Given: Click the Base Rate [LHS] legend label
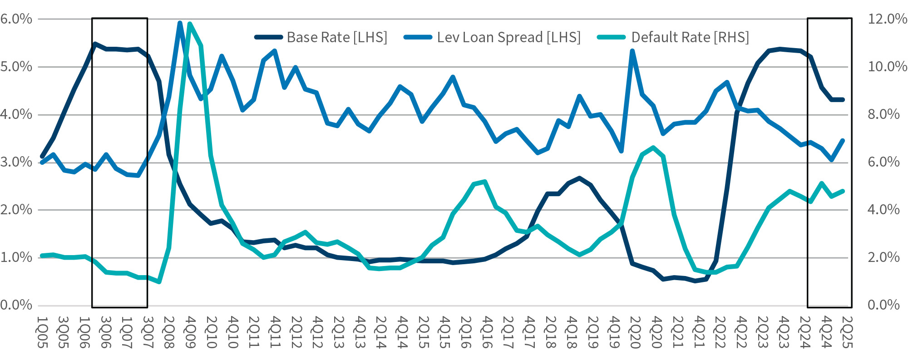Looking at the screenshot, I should [337, 37].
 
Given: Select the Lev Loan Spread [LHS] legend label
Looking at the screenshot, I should [508, 37].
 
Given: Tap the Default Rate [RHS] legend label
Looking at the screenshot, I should [690, 37].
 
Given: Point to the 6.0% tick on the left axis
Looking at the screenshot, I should [16, 19].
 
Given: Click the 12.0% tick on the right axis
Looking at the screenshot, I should [887, 19].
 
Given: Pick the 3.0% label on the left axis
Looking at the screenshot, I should [16, 162].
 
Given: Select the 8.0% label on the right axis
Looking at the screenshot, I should [883, 114].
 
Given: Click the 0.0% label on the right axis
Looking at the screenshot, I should [883, 305].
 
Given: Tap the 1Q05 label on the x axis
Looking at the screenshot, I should [42, 332].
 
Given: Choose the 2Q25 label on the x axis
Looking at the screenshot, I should [847, 332].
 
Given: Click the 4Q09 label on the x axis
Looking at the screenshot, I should [190, 332].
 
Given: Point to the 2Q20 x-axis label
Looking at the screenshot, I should [634, 332].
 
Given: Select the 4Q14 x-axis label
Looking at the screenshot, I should [401, 332].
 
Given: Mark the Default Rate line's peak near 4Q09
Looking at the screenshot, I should [190, 24].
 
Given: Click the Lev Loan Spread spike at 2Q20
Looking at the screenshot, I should [632, 51].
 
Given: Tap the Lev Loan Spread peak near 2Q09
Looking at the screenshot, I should [180, 23].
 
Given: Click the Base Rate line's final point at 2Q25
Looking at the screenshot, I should [843, 99].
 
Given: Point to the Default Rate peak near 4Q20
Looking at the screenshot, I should [653, 147].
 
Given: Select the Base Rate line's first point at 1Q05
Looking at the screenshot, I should [42, 156].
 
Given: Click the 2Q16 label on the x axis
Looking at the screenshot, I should [465, 332].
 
